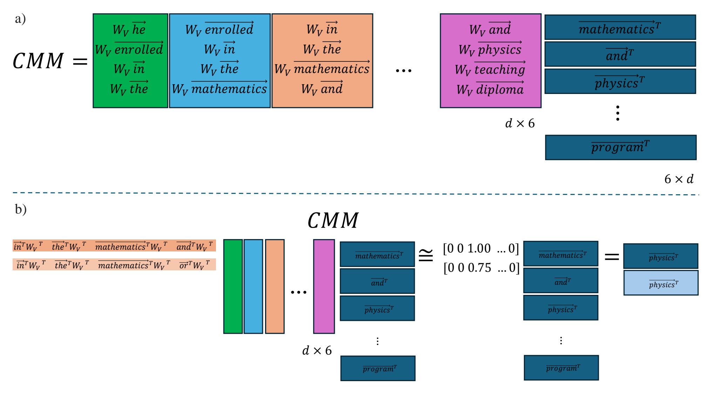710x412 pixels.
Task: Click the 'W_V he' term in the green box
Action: coord(129,29)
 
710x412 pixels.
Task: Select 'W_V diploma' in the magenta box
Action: coord(490,90)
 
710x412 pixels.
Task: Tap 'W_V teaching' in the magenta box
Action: coord(490,69)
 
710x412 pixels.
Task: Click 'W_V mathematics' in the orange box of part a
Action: coord(322,69)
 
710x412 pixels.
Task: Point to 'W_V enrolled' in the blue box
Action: coord(219,29)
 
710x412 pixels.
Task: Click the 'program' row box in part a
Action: coord(621,147)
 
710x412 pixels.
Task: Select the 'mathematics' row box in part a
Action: coord(620,27)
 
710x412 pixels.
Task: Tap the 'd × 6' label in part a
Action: coord(520,123)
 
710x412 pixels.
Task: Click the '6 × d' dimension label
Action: coord(679,179)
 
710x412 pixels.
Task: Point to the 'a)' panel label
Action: coord(20,19)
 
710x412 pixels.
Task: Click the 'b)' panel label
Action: coord(21,209)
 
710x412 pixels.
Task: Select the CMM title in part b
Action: coord(333,221)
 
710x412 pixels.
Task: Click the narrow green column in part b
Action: coord(233,286)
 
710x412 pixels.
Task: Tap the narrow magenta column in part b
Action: coord(324,286)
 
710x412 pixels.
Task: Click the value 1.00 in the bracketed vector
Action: coord(479,249)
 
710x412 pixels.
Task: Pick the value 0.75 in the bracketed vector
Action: coord(479,268)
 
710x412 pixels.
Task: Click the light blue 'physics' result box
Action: coord(661,283)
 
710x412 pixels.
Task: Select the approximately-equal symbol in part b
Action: coord(426,255)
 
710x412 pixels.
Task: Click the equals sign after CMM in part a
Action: coord(80,62)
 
